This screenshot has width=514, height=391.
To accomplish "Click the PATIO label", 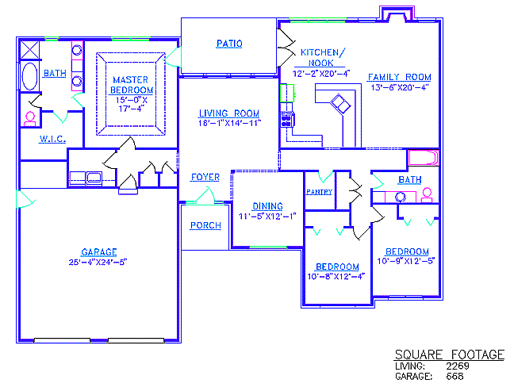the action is coord(229,44).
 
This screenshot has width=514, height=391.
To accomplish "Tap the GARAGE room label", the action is coord(99,252).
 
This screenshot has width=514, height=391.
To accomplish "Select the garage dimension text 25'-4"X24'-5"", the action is coord(98,263).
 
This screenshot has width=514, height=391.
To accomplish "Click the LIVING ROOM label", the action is coord(229,113).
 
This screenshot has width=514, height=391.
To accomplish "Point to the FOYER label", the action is coord(205,177).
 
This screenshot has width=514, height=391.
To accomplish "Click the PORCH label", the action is coord(205,225).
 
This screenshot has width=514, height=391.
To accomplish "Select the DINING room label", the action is coord(267,206).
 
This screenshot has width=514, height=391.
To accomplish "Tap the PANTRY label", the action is coord(320,192).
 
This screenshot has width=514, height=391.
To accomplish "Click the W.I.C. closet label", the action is coord(52,139).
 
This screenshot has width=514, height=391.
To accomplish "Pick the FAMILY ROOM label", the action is coord(399,77).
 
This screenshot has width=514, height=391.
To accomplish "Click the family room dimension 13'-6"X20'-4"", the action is coord(400,87).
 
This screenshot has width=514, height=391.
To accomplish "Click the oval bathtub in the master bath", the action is coord(29,76).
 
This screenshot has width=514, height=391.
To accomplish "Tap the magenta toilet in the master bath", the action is coord(30,119).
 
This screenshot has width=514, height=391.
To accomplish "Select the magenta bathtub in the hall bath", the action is coord(424,158).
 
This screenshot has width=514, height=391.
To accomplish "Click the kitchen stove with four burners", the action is coord(287,119).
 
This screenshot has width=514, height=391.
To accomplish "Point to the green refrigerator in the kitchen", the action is coord(287,93).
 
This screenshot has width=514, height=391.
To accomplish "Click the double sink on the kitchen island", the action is coord(340,104).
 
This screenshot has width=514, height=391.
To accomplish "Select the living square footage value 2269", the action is coord(458,366).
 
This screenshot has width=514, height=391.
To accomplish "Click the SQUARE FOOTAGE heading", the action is coord(450,355).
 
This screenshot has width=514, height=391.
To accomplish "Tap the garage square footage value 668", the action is coord(455,376).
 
